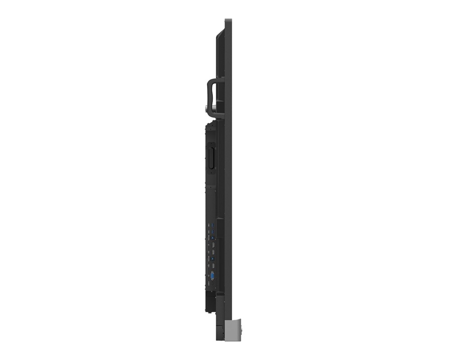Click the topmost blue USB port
212,225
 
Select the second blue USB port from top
212,232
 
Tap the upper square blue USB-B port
212,238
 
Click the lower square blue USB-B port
212,258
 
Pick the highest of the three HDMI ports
213,245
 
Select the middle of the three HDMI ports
213,252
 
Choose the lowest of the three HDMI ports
213,265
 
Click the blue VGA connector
212,276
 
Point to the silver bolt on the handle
207,109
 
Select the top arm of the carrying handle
216,81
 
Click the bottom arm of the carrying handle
217,116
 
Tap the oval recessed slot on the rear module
211,157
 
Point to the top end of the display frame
228,20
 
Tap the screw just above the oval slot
211,144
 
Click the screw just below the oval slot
211,173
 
